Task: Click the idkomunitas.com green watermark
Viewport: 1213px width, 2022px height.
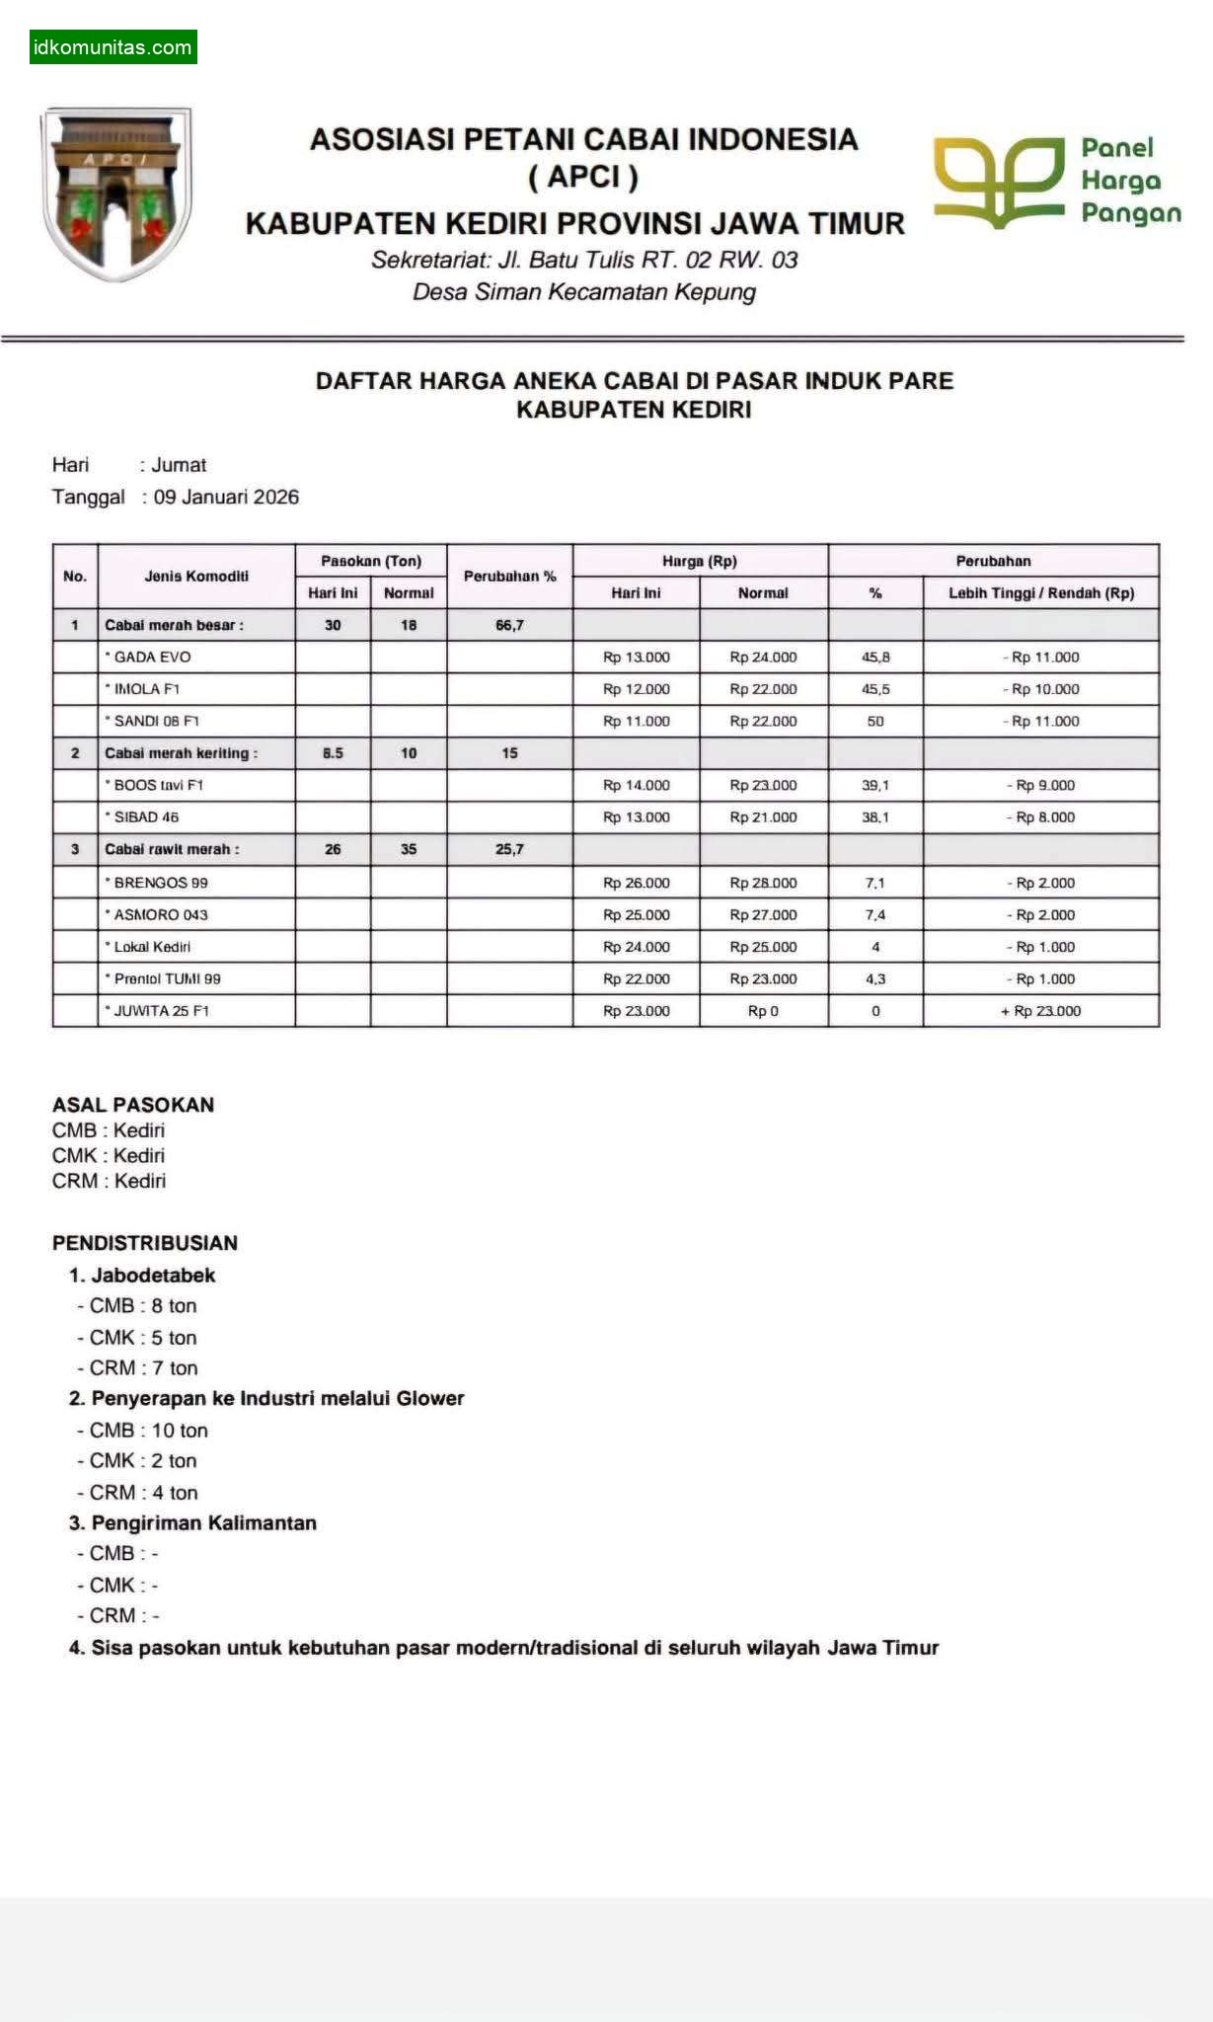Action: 113,47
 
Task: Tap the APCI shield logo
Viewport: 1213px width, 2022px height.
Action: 116,193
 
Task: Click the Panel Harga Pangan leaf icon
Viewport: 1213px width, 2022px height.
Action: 999,182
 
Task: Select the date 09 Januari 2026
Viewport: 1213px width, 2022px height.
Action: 226,497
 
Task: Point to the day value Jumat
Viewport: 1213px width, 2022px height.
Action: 179,465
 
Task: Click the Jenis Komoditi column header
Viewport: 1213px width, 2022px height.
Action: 196,577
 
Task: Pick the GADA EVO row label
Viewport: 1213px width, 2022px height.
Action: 152,658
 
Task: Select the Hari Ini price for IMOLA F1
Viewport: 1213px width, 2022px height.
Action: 636,689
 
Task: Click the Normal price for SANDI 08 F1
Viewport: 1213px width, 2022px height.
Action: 763,722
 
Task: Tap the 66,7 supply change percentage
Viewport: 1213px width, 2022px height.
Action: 509,625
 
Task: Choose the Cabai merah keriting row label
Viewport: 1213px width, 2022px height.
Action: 181,753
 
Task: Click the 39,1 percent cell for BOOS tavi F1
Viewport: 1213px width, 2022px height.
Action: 874,786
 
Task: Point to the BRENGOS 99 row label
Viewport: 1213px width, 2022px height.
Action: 161,883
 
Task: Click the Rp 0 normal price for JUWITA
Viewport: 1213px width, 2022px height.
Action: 763,1011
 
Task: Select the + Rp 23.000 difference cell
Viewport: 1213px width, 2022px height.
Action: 1040,1011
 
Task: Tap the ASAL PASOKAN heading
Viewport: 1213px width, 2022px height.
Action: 133,1105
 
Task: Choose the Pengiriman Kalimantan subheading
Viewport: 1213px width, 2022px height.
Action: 203,1523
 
